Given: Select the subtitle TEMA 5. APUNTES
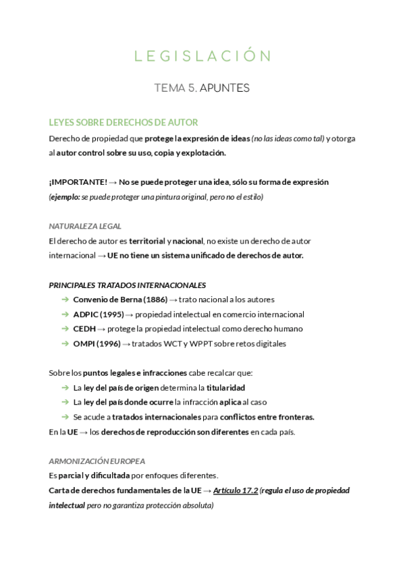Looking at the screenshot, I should click(x=202, y=88).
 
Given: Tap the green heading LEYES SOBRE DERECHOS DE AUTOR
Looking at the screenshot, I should click(x=123, y=122).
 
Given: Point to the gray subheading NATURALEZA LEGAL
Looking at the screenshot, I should click(x=85, y=226).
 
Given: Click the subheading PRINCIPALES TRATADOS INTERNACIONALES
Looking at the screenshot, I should click(x=128, y=285).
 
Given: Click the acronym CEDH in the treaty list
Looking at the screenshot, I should click(x=84, y=329).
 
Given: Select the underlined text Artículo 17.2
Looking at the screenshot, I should click(x=235, y=490).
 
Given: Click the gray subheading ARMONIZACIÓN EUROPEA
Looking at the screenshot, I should click(x=97, y=461).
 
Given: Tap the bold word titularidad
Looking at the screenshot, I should click(x=225, y=388).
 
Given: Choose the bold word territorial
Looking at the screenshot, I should click(x=146, y=241).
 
